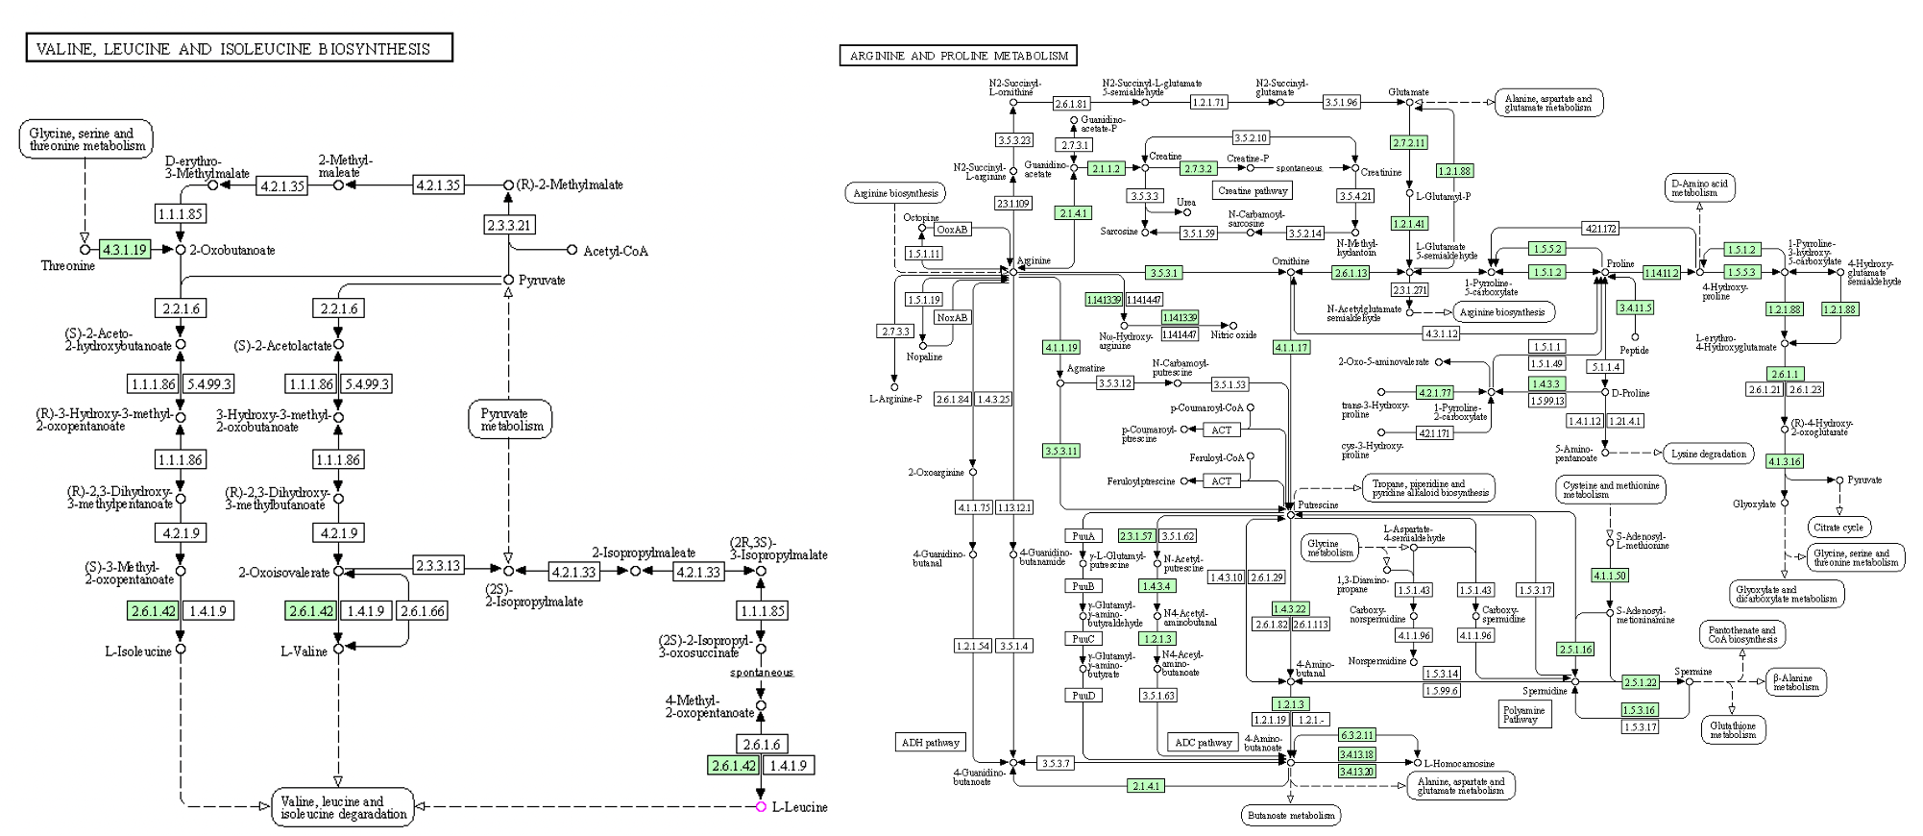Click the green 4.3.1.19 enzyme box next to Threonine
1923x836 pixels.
click(125, 250)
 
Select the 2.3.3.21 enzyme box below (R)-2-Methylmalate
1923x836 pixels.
click(508, 225)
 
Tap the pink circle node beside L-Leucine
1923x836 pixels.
click(761, 807)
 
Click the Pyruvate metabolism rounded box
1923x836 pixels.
click(511, 420)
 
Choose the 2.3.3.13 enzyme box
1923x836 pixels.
click(437, 565)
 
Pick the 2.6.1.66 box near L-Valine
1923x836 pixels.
click(423, 611)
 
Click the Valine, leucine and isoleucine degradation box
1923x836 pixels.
click(343, 807)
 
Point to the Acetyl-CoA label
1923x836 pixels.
click(616, 251)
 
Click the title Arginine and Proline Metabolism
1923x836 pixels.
click(958, 56)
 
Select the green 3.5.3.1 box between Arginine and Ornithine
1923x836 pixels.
click(1163, 273)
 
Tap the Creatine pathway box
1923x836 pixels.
click(1252, 190)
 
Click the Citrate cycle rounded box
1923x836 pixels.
click(1839, 528)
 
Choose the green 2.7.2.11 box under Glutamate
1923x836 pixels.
click(1409, 142)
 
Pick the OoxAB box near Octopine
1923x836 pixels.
click(953, 230)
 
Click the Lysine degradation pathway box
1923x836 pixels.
click(1709, 454)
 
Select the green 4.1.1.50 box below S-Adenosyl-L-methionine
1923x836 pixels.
click(1610, 576)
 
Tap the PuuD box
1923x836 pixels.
click(1083, 695)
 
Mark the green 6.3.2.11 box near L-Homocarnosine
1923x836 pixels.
click(1357, 735)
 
